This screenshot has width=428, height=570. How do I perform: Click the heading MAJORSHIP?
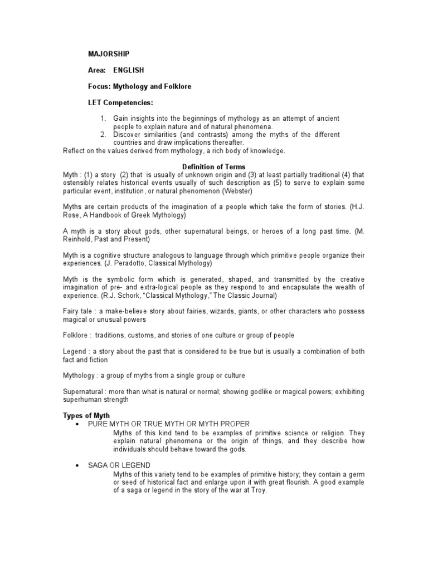(109, 54)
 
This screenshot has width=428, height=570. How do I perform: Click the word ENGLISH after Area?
(129, 70)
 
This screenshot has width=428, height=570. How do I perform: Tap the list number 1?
(103, 119)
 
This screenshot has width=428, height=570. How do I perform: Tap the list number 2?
(103, 135)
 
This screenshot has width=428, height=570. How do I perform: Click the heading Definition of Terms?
(213, 167)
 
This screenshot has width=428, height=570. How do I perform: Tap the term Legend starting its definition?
(75, 352)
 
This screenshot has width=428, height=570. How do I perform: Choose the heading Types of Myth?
(86, 416)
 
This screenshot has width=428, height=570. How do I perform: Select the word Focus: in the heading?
(99, 86)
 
